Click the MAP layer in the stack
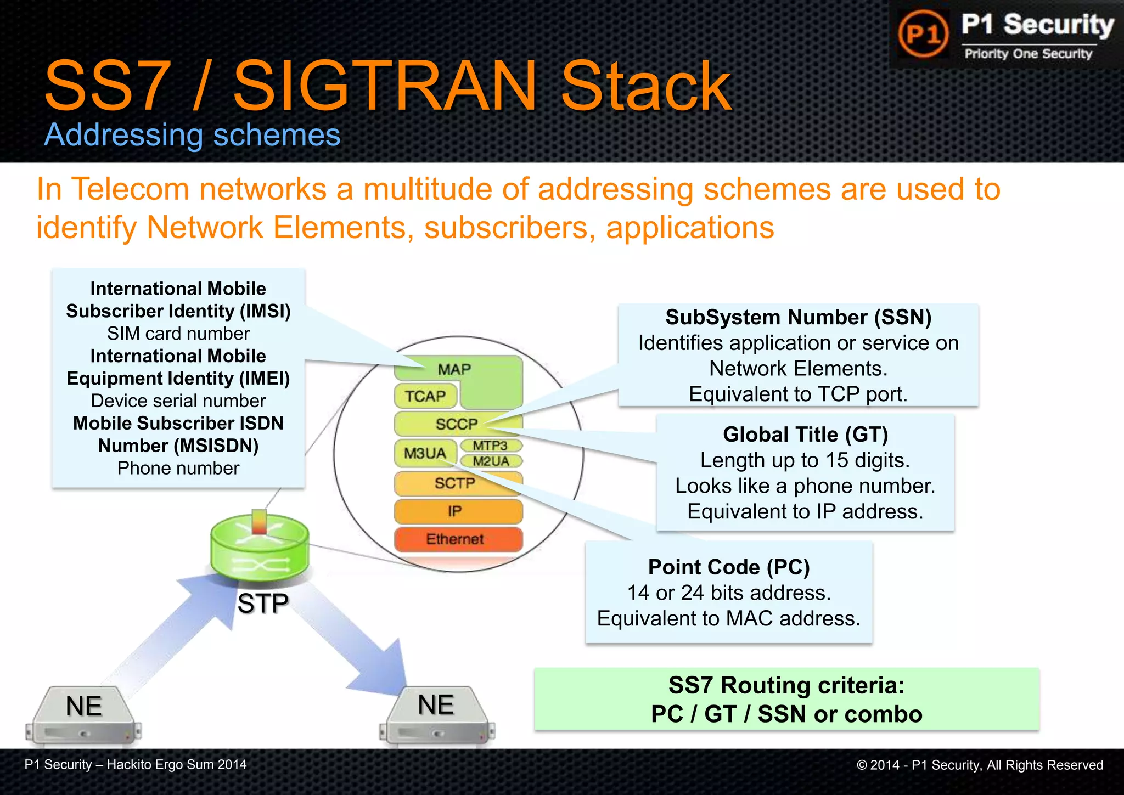[454, 369]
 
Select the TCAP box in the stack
[425, 396]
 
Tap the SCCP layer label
[457, 424]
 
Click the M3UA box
[425, 453]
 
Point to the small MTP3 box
[490, 446]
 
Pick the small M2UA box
[491, 461]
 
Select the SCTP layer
[456, 483]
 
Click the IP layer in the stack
[456, 511]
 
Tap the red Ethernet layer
[456, 539]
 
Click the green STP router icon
[259, 549]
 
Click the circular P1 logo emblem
[923, 34]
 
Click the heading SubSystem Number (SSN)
[798, 318]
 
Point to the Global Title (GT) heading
[805, 435]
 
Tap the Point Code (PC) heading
[729, 567]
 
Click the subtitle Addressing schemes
[192, 135]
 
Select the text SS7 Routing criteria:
[786, 686]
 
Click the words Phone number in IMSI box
[178, 468]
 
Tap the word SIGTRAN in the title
[384, 86]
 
